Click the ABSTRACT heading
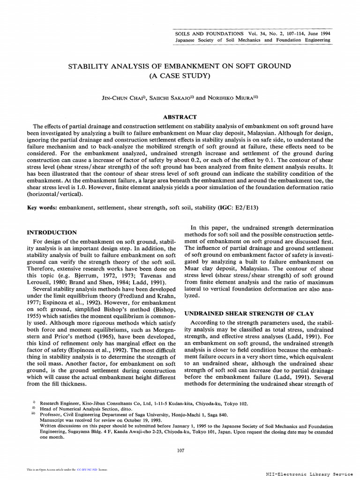tap(180, 117)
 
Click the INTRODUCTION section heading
tap(52, 232)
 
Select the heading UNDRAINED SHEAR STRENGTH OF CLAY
tap(248, 313)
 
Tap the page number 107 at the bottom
tap(180, 450)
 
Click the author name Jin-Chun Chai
tap(124, 98)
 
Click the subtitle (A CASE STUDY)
tap(180, 75)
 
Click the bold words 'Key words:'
tap(41, 207)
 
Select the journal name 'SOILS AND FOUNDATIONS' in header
tap(209, 34)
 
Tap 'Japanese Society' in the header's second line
tap(192, 40)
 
